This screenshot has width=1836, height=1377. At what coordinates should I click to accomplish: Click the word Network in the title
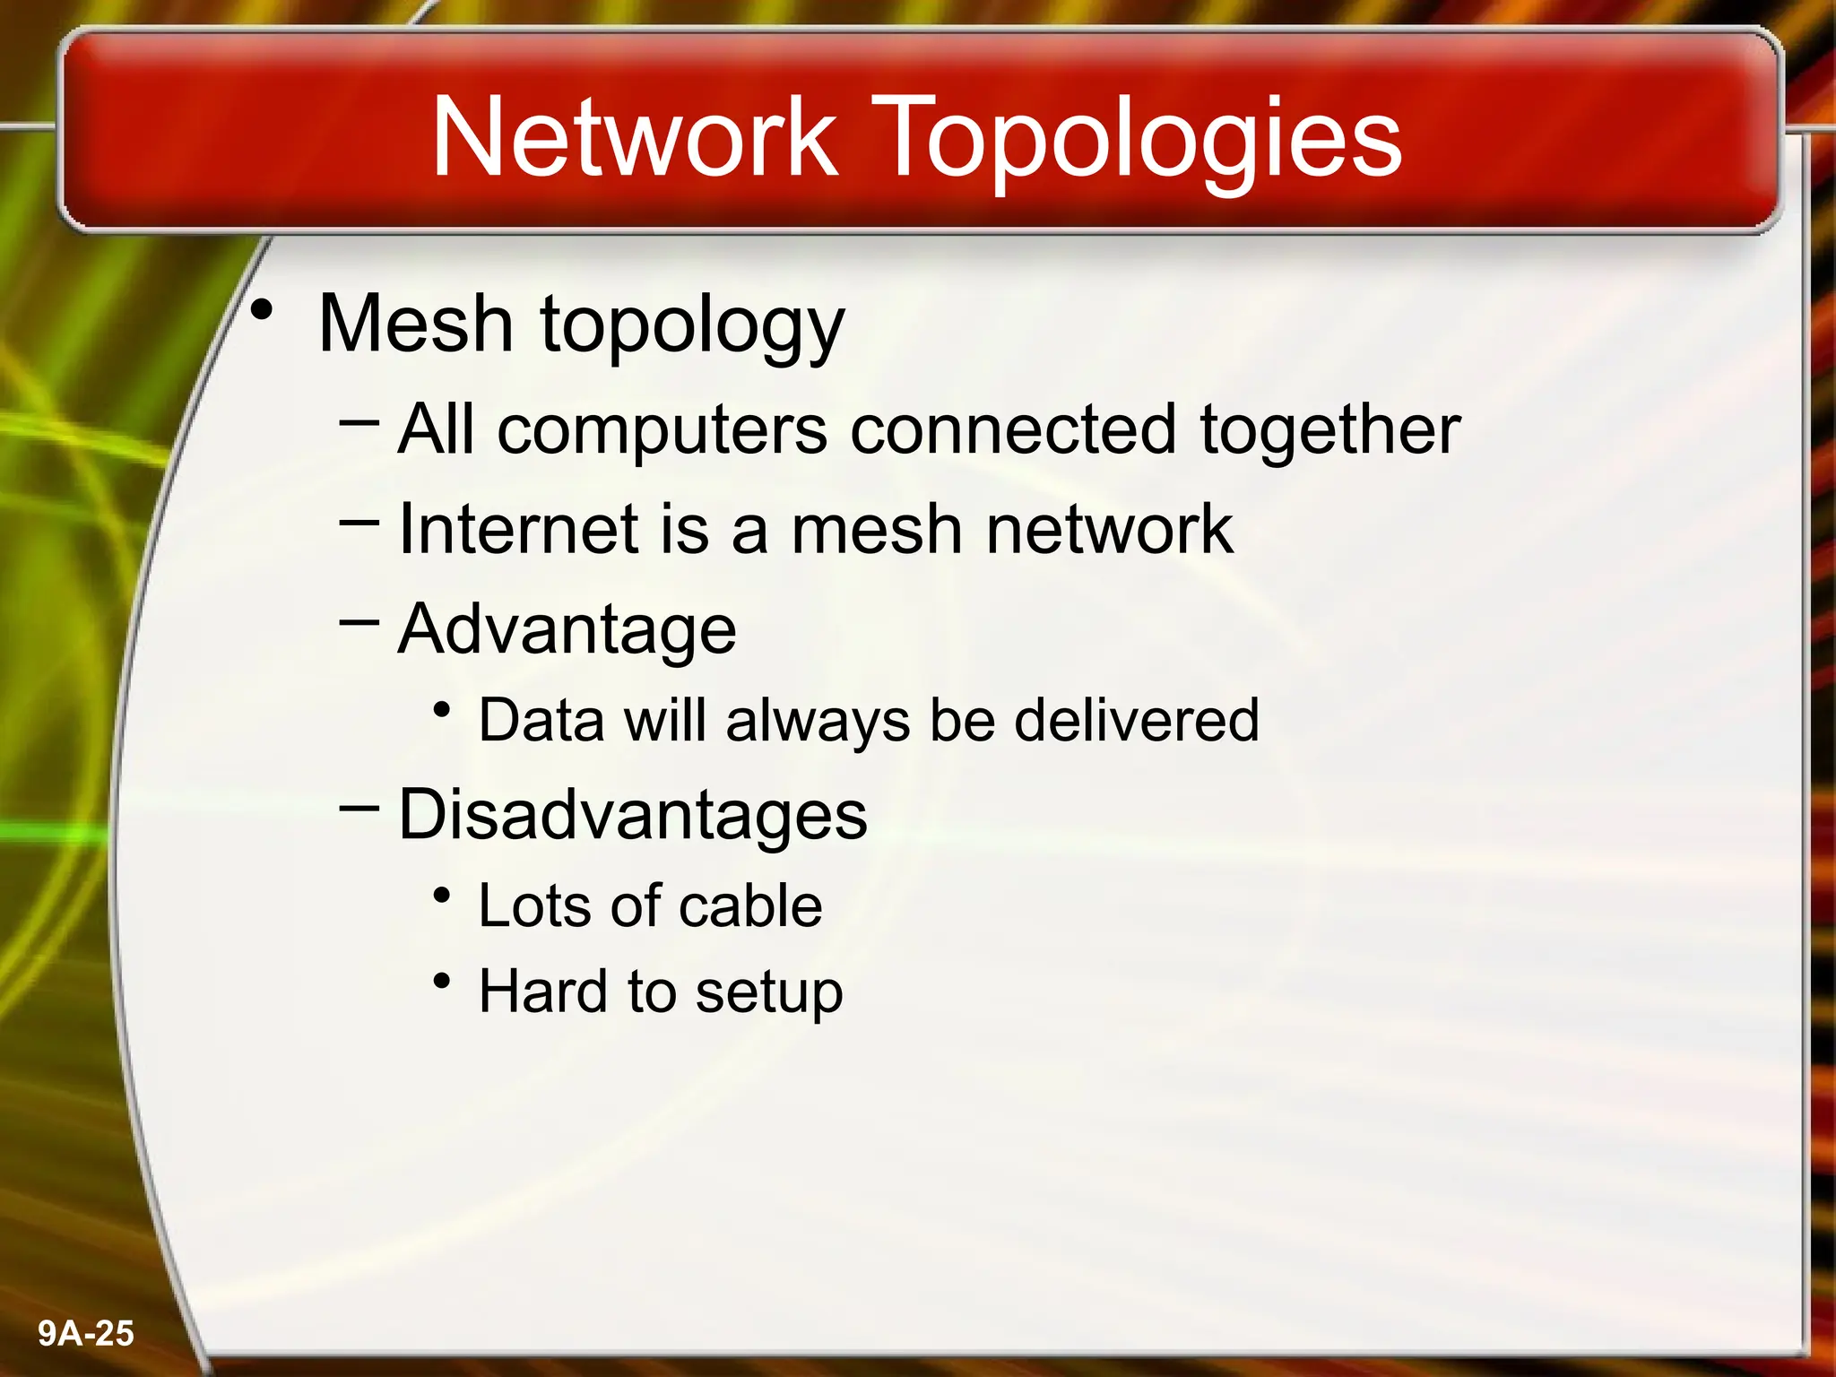pyautogui.click(x=635, y=137)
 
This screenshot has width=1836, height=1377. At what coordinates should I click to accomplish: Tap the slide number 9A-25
pyautogui.click(x=86, y=1333)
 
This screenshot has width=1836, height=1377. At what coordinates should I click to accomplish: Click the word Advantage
pyautogui.click(x=567, y=630)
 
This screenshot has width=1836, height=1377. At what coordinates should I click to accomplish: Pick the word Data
pyautogui.click(x=541, y=720)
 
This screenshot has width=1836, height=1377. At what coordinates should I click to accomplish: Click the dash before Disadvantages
pyautogui.click(x=359, y=806)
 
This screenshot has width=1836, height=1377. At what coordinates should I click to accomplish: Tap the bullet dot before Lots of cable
pyautogui.click(x=441, y=896)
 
